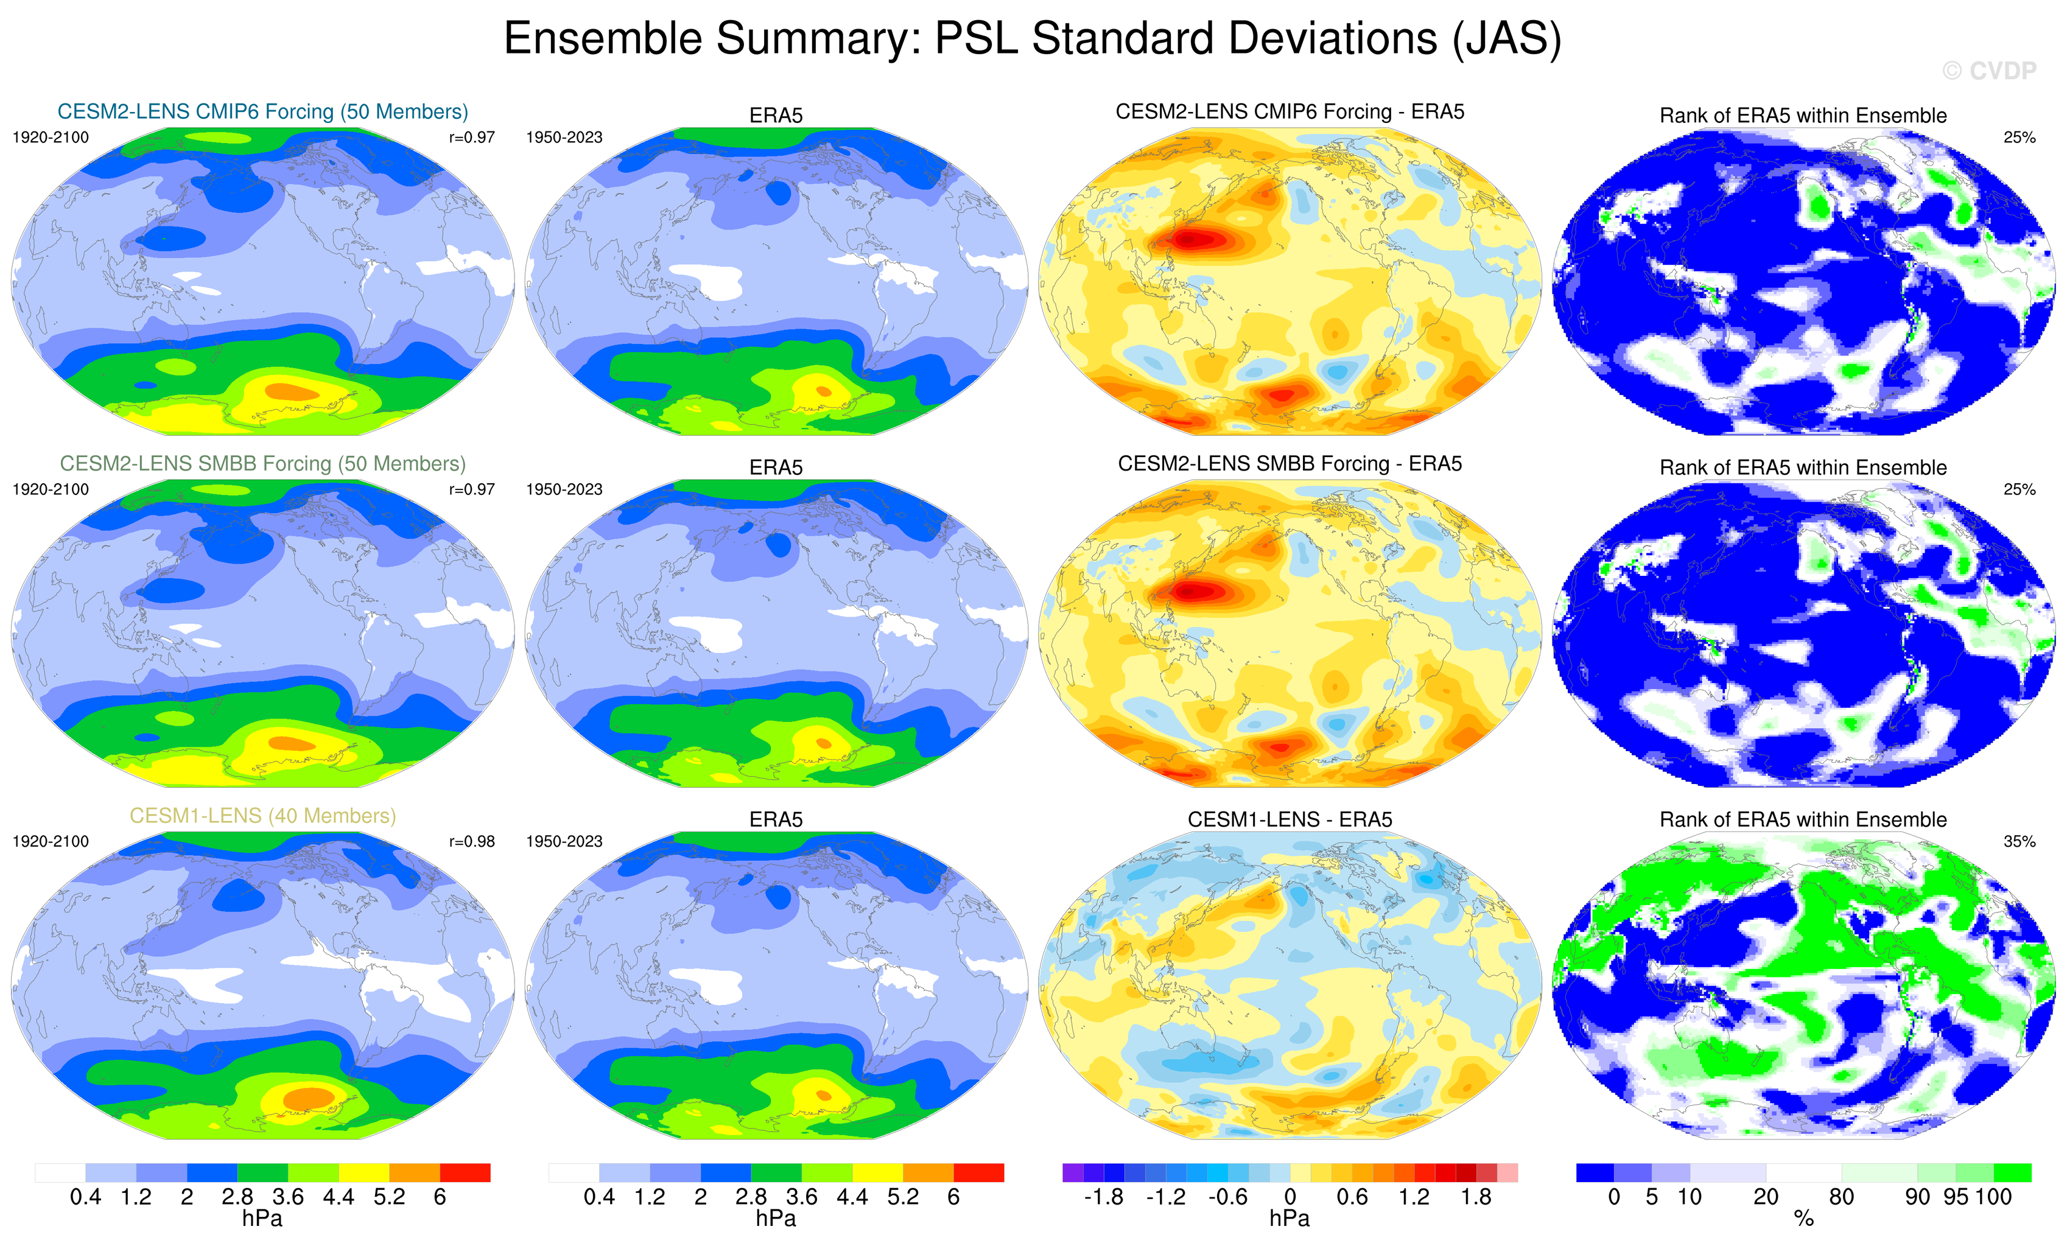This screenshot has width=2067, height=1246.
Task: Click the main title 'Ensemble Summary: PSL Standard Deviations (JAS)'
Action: (x=1032, y=38)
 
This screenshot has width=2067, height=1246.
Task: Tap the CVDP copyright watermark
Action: (x=1989, y=71)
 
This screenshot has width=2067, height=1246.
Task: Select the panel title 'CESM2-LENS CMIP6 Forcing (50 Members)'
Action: (x=262, y=111)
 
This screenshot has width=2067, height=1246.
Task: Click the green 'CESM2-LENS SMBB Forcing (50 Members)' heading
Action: (x=262, y=464)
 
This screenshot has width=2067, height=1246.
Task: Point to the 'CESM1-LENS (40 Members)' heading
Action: (x=262, y=816)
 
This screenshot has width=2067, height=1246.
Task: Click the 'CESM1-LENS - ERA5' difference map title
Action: (x=1290, y=819)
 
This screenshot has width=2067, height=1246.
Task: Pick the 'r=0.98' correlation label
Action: (x=471, y=841)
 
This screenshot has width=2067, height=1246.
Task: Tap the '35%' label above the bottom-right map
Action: (x=2019, y=841)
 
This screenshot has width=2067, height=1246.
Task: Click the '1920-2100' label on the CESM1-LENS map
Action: (x=51, y=841)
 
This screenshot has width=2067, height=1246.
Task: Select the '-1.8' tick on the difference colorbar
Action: (x=1103, y=1197)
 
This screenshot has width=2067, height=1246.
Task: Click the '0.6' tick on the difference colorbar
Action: (x=1352, y=1197)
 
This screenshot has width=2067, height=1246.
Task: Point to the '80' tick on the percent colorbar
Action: (x=1841, y=1197)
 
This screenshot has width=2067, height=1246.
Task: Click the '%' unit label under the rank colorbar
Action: (x=1803, y=1219)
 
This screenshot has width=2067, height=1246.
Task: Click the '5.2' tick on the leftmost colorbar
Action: (x=389, y=1197)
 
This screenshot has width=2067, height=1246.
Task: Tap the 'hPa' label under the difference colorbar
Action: (x=1290, y=1219)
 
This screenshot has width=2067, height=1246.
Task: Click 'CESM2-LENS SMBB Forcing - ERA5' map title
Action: (x=1290, y=464)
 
